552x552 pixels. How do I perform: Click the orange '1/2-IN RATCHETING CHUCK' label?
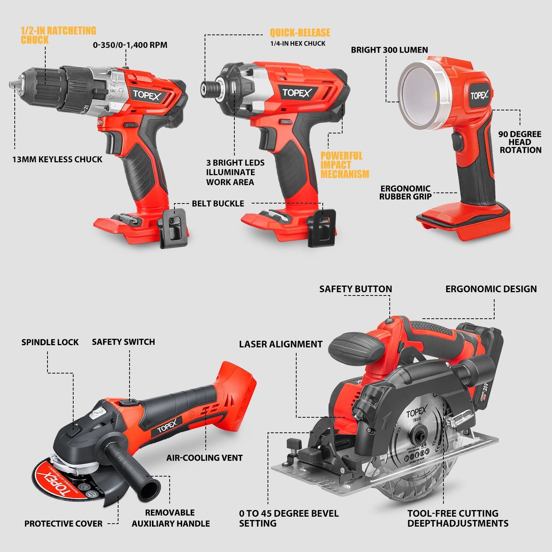click(x=58, y=35)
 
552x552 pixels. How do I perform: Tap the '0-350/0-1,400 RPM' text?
click(x=130, y=45)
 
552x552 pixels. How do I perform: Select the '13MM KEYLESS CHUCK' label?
click(x=57, y=159)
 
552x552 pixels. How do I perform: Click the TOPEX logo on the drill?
click(x=147, y=95)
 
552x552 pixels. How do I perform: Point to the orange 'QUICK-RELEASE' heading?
click(x=300, y=33)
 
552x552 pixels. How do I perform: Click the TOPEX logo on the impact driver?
click(x=297, y=93)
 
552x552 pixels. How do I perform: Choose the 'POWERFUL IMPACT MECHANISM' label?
click(x=344, y=165)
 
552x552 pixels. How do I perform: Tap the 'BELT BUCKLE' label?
click(x=218, y=204)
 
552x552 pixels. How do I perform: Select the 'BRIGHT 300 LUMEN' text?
click(x=389, y=50)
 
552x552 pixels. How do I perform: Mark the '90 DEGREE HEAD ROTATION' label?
click(x=520, y=142)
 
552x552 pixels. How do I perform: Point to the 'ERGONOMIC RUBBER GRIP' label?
click(x=405, y=192)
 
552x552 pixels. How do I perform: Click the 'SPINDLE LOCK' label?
click(x=50, y=342)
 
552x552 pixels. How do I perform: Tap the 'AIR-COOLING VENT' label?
click(x=204, y=458)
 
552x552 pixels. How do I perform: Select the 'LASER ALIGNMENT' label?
click(x=280, y=344)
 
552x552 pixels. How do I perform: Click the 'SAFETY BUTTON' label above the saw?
click(x=355, y=289)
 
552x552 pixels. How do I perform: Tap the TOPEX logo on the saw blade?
click(x=416, y=413)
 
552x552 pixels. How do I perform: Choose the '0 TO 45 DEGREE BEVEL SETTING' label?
click(x=289, y=518)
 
